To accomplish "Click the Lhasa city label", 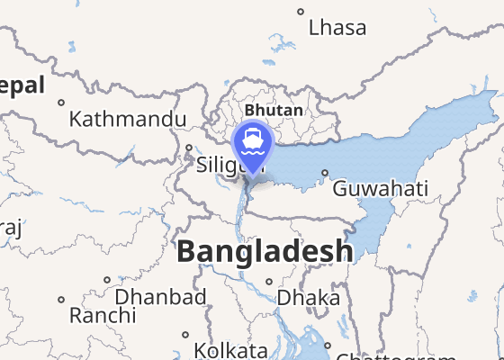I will click(337, 28).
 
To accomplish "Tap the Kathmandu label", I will click(128, 119).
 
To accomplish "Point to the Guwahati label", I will click(380, 190).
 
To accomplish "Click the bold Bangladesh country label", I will click(265, 251).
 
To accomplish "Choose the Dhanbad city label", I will click(160, 297).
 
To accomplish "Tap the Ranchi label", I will click(103, 316).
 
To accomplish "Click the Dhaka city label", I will click(309, 297).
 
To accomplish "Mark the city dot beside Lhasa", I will click(301, 12).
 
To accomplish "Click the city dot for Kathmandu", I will click(61, 103).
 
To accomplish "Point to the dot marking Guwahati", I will click(325, 174).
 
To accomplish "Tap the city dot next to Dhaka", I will click(269, 281).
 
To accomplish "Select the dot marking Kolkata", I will click(185, 334).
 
